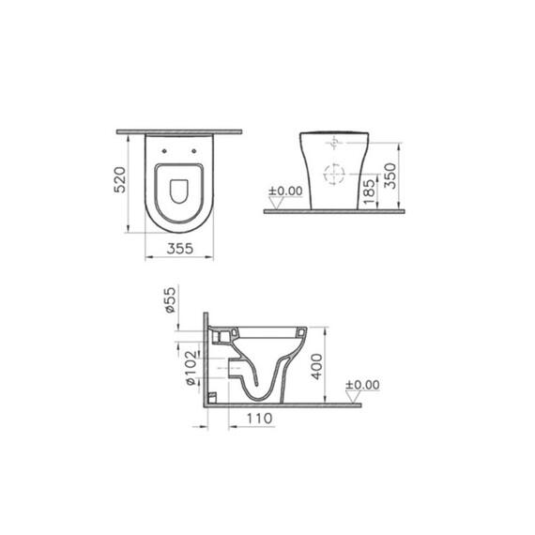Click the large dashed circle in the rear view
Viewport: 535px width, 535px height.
(333, 175)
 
